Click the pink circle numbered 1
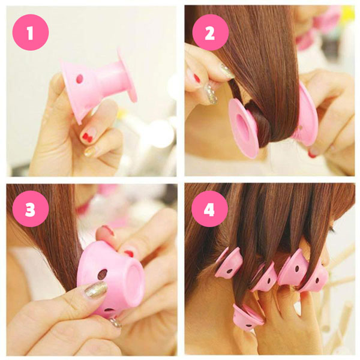pos(29,32)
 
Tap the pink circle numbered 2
pos(209,32)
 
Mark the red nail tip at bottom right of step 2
pos(313,154)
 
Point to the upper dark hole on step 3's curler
pos(103,274)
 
